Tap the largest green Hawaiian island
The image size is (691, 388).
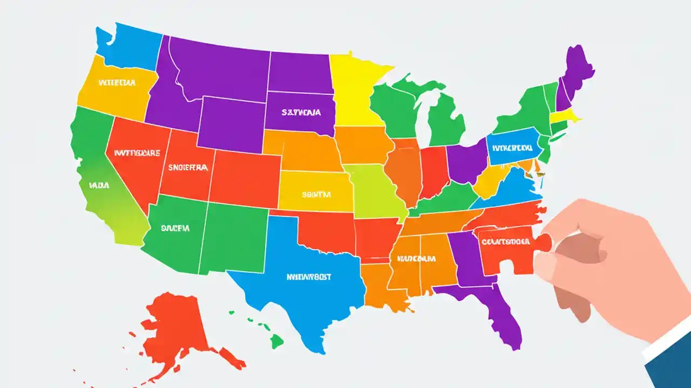pyautogui.click(x=276, y=341)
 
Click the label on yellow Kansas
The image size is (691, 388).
pyautogui.click(x=316, y=194)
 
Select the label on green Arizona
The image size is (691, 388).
pyautogui.click(x=175, y=228)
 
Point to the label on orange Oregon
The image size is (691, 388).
pyautogui.click(x=117, y=84)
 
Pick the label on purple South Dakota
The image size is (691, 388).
pyautogui.click(x=301, y=113)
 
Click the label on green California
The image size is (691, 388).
pyautogui.click(x=99, y=185)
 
